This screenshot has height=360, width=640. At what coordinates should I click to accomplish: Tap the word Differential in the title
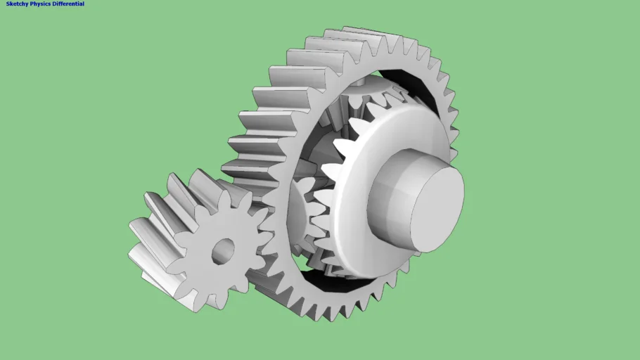point(70,4)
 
